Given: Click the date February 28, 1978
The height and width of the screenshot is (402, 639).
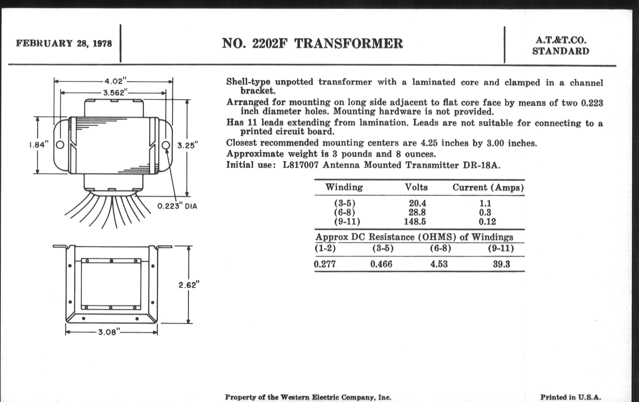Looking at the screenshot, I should pos(64,43).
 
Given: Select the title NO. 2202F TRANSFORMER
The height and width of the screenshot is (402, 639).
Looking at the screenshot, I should pos(312,43).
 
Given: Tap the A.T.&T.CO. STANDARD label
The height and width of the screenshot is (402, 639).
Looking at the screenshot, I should pos(560,45).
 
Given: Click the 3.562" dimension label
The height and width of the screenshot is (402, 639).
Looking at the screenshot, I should pos(114,92).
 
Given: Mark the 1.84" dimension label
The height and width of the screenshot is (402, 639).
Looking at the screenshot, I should pos(39,145).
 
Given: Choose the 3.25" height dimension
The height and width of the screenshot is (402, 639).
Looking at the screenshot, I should pos(188,145).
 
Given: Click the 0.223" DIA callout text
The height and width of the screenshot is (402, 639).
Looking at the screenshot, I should pos(177,206).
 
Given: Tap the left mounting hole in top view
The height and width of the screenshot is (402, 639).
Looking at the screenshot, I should pos(60,145).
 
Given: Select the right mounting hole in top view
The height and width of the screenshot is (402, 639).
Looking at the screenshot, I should pos(166,145).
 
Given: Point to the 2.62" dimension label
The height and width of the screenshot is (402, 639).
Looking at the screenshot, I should pos(189,285).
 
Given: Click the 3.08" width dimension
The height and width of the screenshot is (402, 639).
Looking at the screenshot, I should pos(109,332).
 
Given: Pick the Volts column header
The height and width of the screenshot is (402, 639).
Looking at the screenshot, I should pos(416,187).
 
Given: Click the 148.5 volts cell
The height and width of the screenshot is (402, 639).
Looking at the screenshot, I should pos(415,221).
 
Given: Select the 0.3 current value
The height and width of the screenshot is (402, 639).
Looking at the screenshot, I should pos(485,212).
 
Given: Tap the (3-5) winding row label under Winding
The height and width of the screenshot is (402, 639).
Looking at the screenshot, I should pos(344,203).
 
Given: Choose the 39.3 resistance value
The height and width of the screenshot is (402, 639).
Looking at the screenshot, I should pos(502,264).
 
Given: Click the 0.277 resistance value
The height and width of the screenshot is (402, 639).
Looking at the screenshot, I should pos(325,264).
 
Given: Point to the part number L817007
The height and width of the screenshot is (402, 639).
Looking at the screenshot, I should pos(300,165).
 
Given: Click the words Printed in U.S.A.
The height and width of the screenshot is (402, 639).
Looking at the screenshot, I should pos(570,397).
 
